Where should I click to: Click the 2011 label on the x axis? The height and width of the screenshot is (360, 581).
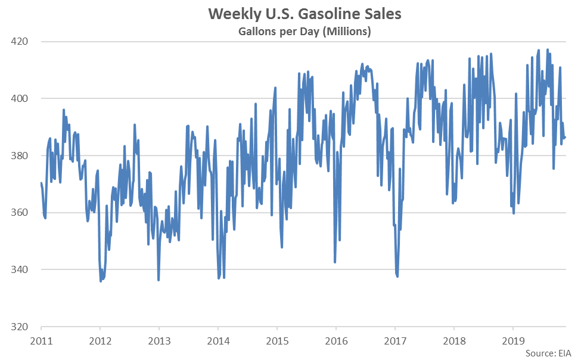point(41,341)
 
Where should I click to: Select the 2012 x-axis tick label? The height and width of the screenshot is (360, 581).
point(100,341)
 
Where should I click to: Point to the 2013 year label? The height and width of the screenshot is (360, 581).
point(159,341)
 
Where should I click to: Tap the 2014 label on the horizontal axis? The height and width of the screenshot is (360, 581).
point(218,341)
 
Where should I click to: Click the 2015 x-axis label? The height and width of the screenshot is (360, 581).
point(277,341)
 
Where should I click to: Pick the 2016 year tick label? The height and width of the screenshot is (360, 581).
point(336,341)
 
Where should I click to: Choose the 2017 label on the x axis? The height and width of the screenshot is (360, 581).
point(395,341)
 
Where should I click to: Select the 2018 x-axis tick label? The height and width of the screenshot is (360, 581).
point(454,341)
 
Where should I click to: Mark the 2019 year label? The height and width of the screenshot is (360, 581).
point(513,341)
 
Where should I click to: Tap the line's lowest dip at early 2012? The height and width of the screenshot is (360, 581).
point(101,281)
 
